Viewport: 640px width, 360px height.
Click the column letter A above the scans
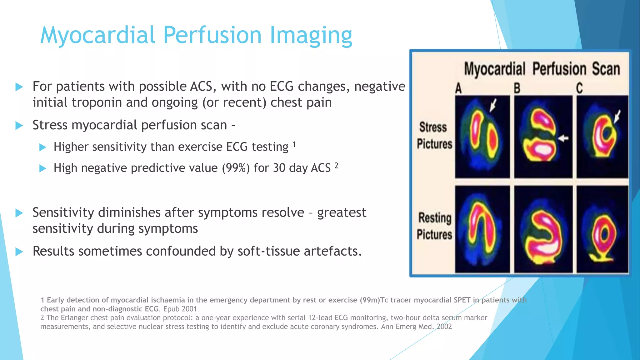[458, 88]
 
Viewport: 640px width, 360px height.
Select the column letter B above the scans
[517, 88]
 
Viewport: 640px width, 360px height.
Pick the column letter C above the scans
[579, 88]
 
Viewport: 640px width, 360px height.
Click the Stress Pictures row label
[434, 136]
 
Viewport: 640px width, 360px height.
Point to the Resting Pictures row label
[434, 226]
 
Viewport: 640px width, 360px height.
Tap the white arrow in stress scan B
[563, 138]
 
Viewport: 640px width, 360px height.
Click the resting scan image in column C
[602, 229]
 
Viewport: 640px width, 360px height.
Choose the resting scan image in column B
[543, 229]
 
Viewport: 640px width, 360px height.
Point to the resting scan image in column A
[482, 229]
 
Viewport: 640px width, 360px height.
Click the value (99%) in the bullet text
[236, 168]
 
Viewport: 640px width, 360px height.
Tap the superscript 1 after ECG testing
[294, 144]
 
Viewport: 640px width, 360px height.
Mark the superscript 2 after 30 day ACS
[336, 166]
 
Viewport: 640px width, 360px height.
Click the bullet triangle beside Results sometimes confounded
[19, 252]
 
